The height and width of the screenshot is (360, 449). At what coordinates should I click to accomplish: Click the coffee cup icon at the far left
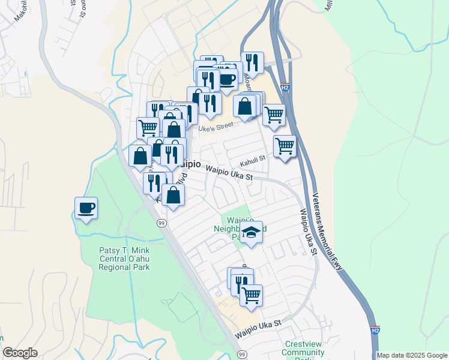pos(86,208)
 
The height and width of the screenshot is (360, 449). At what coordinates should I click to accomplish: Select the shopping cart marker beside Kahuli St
pos(285,146)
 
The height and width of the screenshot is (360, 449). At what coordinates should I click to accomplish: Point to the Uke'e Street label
pos(215,126)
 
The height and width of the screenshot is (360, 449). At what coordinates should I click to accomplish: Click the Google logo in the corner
pos(20,353)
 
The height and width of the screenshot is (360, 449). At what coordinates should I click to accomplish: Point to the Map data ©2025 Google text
pos(411,355)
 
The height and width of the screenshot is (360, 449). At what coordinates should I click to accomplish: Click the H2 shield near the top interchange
pos(285,88)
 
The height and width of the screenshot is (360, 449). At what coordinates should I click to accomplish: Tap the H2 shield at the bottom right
pos(375,330)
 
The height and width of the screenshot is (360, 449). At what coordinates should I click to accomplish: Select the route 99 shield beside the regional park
pos(161,223)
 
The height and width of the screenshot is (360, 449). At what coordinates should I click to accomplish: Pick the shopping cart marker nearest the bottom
pos(251,295)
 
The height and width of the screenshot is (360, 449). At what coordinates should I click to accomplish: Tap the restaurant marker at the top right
pos(252,62)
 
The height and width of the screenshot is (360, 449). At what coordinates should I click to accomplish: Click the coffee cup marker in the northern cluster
pos(227,79)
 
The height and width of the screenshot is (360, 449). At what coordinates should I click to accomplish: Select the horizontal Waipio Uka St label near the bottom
pos(258,326)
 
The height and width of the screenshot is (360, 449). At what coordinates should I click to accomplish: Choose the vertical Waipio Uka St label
pos(308,232)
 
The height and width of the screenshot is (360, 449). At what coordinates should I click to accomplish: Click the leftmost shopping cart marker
pos(147,127)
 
